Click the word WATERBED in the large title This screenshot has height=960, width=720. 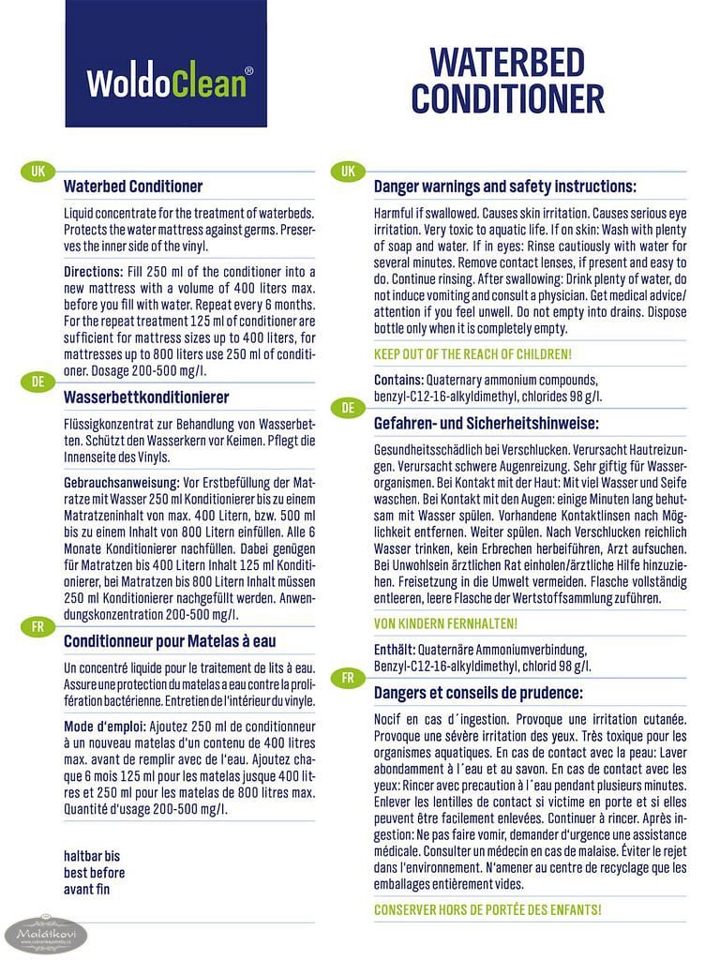pos(506,63)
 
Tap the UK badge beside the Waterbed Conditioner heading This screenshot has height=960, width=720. pos(37,172)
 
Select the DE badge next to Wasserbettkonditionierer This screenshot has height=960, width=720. pos(37,382)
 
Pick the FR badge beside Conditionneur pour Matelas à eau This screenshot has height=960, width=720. pos(37,626)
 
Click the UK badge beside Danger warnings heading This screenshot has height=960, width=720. pos(348,172)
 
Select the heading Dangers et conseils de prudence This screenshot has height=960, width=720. pos(478,693)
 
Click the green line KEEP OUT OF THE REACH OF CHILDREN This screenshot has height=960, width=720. pos(472,354)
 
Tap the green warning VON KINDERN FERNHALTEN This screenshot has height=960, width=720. pos(445,623)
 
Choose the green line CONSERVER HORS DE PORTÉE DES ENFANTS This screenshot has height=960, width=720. pos(487,909)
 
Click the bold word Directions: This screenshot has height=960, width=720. pos(94,271)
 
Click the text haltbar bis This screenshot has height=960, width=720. pos(92,856)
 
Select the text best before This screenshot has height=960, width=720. pos(94,873)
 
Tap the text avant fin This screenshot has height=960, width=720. pos(86,889)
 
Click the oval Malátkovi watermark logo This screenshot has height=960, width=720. pos(46,935)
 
